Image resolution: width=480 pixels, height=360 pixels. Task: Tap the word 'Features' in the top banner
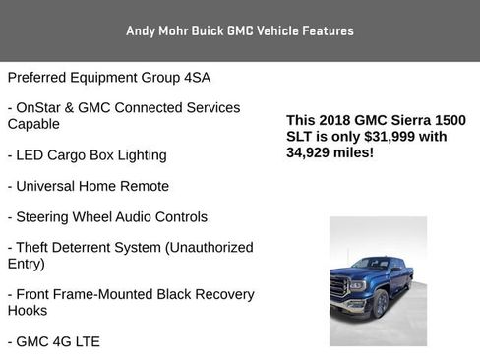tap(323, 31)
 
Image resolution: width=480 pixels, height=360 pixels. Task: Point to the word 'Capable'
tap(33, 124)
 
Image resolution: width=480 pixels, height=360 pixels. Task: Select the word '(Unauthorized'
tap(208, 248)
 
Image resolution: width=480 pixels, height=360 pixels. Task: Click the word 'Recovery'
tap(222, 294)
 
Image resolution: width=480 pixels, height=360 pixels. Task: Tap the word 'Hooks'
tap(28, 310)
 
